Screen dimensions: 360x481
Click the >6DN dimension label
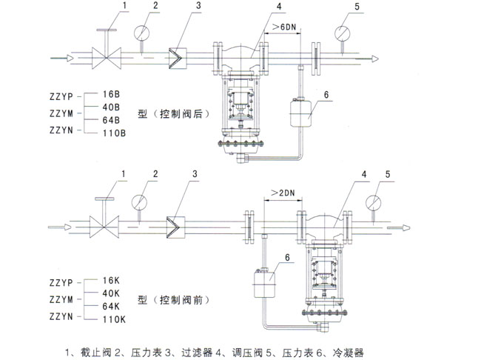click(282, 27)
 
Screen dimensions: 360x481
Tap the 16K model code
click(110, 281)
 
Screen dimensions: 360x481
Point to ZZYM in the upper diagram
click(61, 113)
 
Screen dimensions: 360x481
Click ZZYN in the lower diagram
click(61, 317)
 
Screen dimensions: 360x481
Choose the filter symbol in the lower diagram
click(177, 223)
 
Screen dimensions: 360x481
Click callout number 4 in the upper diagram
click(258, 7)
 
